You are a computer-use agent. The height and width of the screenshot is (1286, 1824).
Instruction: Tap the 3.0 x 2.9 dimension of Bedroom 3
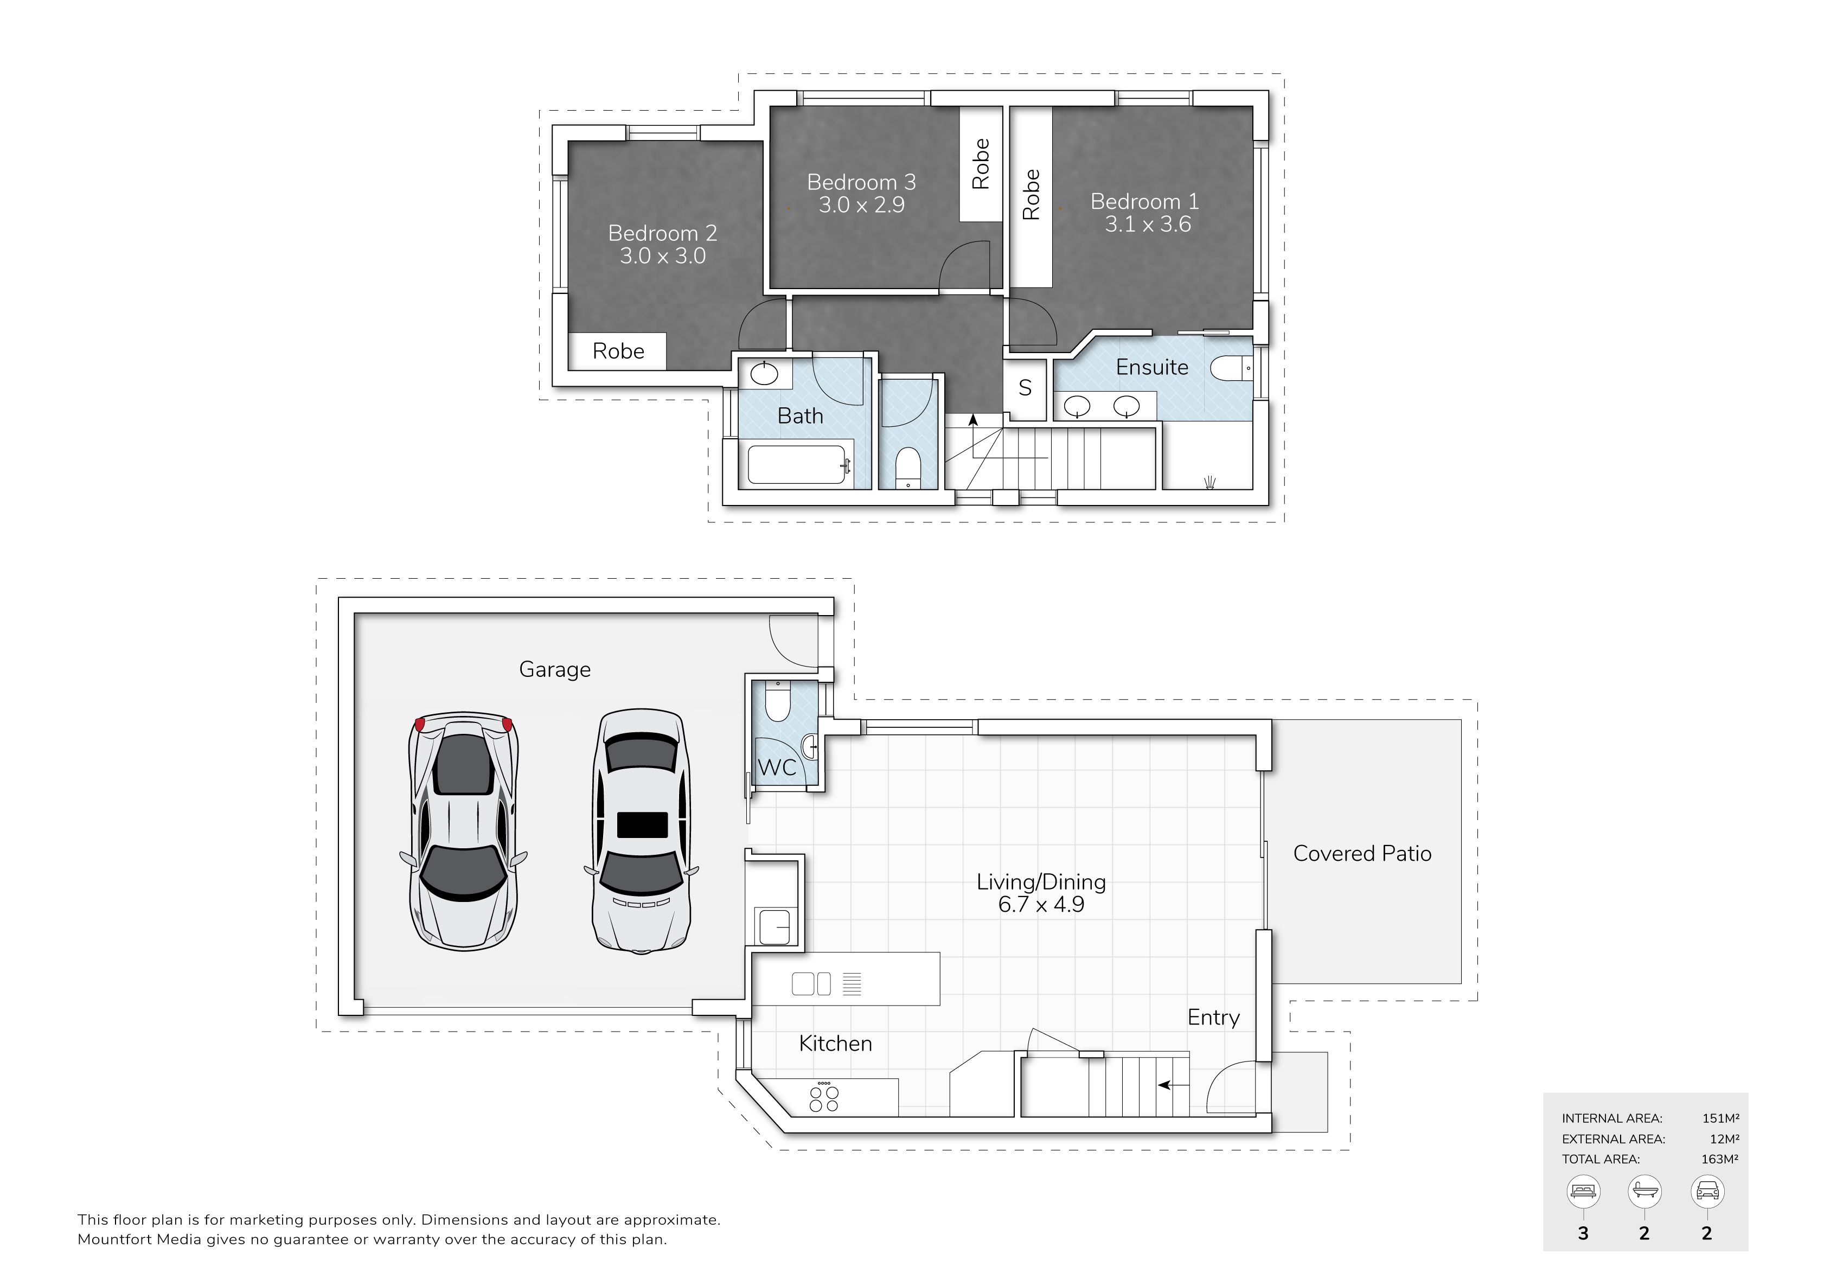point(861,205)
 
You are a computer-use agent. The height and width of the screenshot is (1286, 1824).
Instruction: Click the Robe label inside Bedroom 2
point(618,351)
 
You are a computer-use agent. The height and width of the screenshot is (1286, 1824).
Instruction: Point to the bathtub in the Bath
point(796,465)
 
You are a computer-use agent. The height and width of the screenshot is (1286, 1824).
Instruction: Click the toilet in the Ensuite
point(1231,369)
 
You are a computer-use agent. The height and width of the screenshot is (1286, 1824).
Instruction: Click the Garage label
point(554,670)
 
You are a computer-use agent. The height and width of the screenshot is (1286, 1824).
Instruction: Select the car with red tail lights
point(463,831)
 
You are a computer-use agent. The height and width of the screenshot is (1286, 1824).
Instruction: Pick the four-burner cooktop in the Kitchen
point(824,1098)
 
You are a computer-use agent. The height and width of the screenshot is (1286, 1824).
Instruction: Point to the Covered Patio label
point(1362,854)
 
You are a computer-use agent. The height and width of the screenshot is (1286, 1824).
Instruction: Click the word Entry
point(1213,1018)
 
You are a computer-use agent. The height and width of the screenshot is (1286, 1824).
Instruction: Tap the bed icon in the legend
point(1583,1192)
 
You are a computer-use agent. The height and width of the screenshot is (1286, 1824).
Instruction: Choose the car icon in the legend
point(1707,1192)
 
